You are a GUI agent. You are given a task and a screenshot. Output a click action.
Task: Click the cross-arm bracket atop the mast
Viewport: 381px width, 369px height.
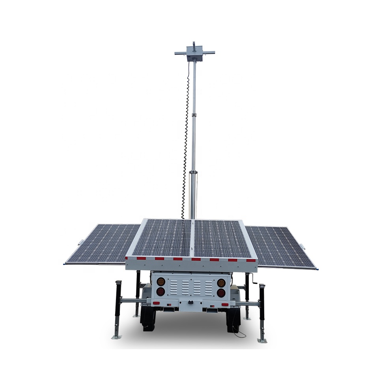pos(194,53)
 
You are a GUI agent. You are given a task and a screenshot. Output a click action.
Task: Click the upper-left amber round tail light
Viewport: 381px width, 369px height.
pos(161,282)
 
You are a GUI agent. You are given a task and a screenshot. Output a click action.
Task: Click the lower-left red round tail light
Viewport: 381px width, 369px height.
pos(161,292)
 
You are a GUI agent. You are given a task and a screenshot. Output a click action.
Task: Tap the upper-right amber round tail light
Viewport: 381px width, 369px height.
pos(222,283)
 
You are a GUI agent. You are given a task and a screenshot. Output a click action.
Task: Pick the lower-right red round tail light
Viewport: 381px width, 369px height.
pos(222,293)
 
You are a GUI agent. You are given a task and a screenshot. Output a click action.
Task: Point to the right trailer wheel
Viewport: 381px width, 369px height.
pos(233,319)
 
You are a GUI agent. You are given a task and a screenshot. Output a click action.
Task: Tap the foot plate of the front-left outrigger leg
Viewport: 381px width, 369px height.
pos(117,337)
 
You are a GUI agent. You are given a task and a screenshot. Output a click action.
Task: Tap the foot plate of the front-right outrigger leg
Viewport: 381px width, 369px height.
pos(262,340)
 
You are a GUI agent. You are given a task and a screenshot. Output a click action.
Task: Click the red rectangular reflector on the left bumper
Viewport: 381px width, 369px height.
pos(157,303)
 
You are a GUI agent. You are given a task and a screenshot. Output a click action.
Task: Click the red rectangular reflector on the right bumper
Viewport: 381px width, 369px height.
pos(225,304)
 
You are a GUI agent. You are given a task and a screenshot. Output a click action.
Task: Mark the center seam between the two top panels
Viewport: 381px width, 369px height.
pos(193,238)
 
